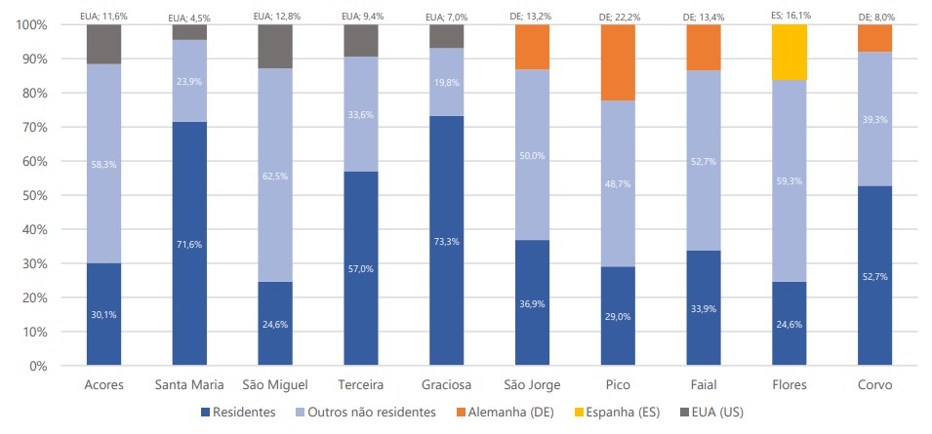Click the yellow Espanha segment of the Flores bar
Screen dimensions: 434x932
[789, 52]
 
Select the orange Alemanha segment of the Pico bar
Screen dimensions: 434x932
[617, 62]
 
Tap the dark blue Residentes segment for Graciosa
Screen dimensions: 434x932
[446, 240]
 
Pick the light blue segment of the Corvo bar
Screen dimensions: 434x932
[875, 118]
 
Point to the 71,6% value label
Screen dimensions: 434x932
[189, 244]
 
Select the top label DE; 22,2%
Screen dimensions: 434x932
[617, 17]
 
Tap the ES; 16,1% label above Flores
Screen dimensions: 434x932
[789, 17]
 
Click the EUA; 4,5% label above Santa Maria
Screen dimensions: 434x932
[189, 17]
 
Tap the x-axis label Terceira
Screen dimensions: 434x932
[360, 384]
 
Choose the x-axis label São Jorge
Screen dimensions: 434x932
[531, 384]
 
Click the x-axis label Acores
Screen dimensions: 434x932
[103, 384]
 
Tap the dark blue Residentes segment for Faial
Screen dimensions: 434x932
[703, 307]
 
